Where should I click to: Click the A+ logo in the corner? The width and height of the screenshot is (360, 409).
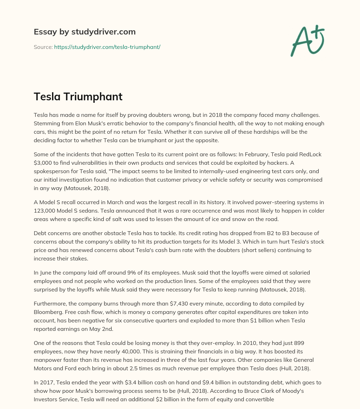point(307,40)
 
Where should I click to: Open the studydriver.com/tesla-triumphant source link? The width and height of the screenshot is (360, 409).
point(107,47)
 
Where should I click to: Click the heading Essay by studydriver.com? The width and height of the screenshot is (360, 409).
point(85,32)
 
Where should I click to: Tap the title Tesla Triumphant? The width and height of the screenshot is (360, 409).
point(78,96)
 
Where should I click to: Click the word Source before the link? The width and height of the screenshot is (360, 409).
point(43,47)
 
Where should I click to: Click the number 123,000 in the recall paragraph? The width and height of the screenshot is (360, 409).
point(46,211)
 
